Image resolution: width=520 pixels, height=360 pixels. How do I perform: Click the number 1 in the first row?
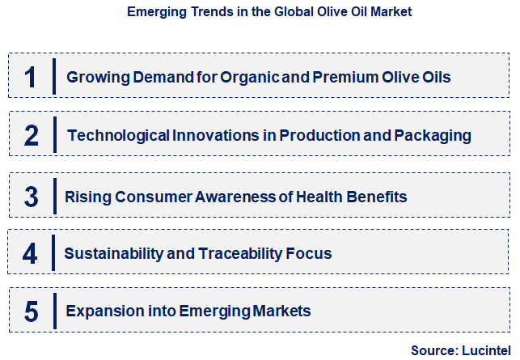31,78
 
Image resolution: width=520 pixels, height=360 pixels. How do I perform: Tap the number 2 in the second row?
31,135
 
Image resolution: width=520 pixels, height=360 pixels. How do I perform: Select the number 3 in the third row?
31,197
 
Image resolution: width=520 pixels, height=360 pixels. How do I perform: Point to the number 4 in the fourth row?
31,254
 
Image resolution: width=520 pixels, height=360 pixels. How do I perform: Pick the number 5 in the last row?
31,311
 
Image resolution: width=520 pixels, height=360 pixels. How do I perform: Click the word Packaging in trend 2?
432,135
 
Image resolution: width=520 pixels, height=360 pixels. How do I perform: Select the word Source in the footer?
433,350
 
